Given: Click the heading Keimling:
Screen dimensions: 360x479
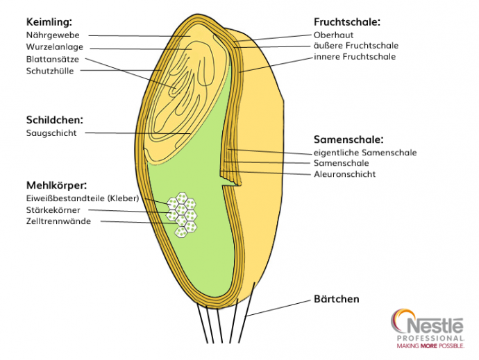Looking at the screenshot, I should point(48,22).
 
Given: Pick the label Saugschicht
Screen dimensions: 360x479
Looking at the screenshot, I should point(51,132).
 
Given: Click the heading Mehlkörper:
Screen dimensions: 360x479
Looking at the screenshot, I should point(56,185).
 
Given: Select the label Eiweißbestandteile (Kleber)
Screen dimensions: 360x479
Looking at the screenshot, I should point(83,198).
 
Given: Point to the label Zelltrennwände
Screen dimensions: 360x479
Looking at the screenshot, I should point(58,221).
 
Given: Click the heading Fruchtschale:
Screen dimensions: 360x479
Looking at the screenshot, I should point(347,22).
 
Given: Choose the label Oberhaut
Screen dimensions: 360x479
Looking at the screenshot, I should point(333,34).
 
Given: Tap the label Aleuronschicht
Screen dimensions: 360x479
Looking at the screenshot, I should point(344,174).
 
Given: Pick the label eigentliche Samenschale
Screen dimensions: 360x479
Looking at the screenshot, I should point(365,152).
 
